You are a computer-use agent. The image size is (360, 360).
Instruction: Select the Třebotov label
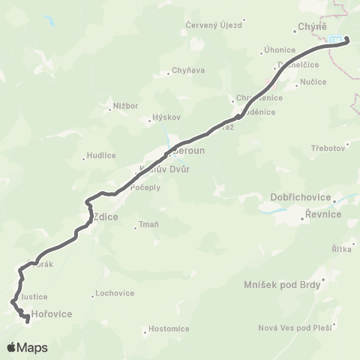pyautogui.click(x=326, y=148)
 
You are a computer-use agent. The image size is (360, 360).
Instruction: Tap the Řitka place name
pyautogui.click(x=341, y=248)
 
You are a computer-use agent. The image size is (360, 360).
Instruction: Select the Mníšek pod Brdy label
pyautogui.click(x=283, y=284)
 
